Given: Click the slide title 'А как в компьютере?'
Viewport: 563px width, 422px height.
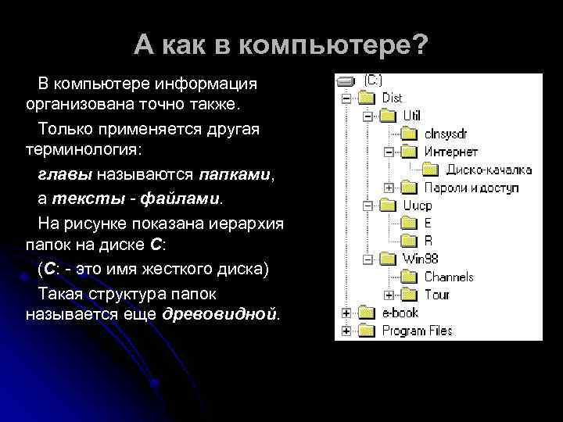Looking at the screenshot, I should click(281, 45).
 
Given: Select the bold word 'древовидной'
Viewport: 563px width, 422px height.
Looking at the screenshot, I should click(219, 315).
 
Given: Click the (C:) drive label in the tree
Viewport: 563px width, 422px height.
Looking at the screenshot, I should click(373, 80).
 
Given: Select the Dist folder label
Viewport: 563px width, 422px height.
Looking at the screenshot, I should click(393, 98).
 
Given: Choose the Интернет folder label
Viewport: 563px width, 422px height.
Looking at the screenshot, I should click(451, 152).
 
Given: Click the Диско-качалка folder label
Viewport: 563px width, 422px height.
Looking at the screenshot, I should click(489, 170).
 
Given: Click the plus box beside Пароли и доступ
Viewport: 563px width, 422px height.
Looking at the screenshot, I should click(389, 188).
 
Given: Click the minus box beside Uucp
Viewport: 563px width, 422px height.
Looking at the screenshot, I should click(367, 206).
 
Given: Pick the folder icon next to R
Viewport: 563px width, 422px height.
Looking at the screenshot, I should click(410, 241).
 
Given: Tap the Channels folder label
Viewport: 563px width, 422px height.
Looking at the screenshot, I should click(449, 277).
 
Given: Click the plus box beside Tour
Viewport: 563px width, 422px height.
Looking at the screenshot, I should click(389, 295).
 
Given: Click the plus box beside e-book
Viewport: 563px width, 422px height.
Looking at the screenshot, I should click(345, 313).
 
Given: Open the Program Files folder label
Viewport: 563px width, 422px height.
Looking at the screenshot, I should click(417, 331).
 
